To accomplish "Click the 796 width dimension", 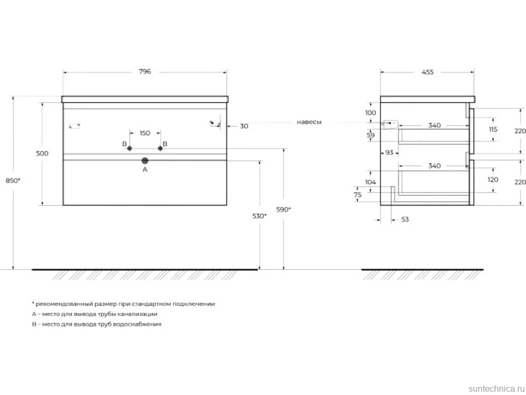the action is pos(145,72).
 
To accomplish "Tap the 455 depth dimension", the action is pos(427,72).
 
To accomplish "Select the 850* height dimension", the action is pos(13,181).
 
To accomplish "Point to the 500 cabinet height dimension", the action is pos(42,154).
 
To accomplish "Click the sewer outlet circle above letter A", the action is pos(145,161).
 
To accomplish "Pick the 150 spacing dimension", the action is pos(145,133).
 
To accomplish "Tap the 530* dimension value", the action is pos(259,216).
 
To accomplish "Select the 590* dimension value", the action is pos(284,209).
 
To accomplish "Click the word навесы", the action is pos(309,122).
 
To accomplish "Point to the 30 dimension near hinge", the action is pos(244,126).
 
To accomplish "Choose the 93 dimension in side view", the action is pos(389,152).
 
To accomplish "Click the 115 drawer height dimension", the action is pos(493,130).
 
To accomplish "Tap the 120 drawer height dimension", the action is pos(493,180).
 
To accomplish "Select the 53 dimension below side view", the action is pos(405,220).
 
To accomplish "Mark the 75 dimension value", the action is pos(357,195).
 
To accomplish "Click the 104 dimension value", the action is pos(370,182).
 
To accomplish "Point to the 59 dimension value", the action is pos(370,135).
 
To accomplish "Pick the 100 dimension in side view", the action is pos(370,113).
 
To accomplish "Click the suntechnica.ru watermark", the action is pos(497,388).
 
